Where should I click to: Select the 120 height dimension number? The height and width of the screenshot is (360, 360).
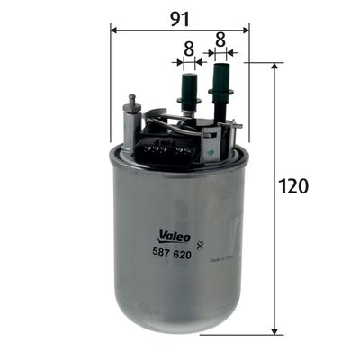[294, 186]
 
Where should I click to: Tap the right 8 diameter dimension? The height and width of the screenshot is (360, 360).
[220, 41]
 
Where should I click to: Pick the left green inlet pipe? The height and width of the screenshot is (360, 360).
[189, 91]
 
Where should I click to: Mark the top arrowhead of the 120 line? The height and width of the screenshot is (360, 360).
[274, 67]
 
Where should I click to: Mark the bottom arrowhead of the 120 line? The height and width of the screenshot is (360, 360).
[274, 329]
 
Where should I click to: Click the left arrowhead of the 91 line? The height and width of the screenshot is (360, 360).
[114, 29]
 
